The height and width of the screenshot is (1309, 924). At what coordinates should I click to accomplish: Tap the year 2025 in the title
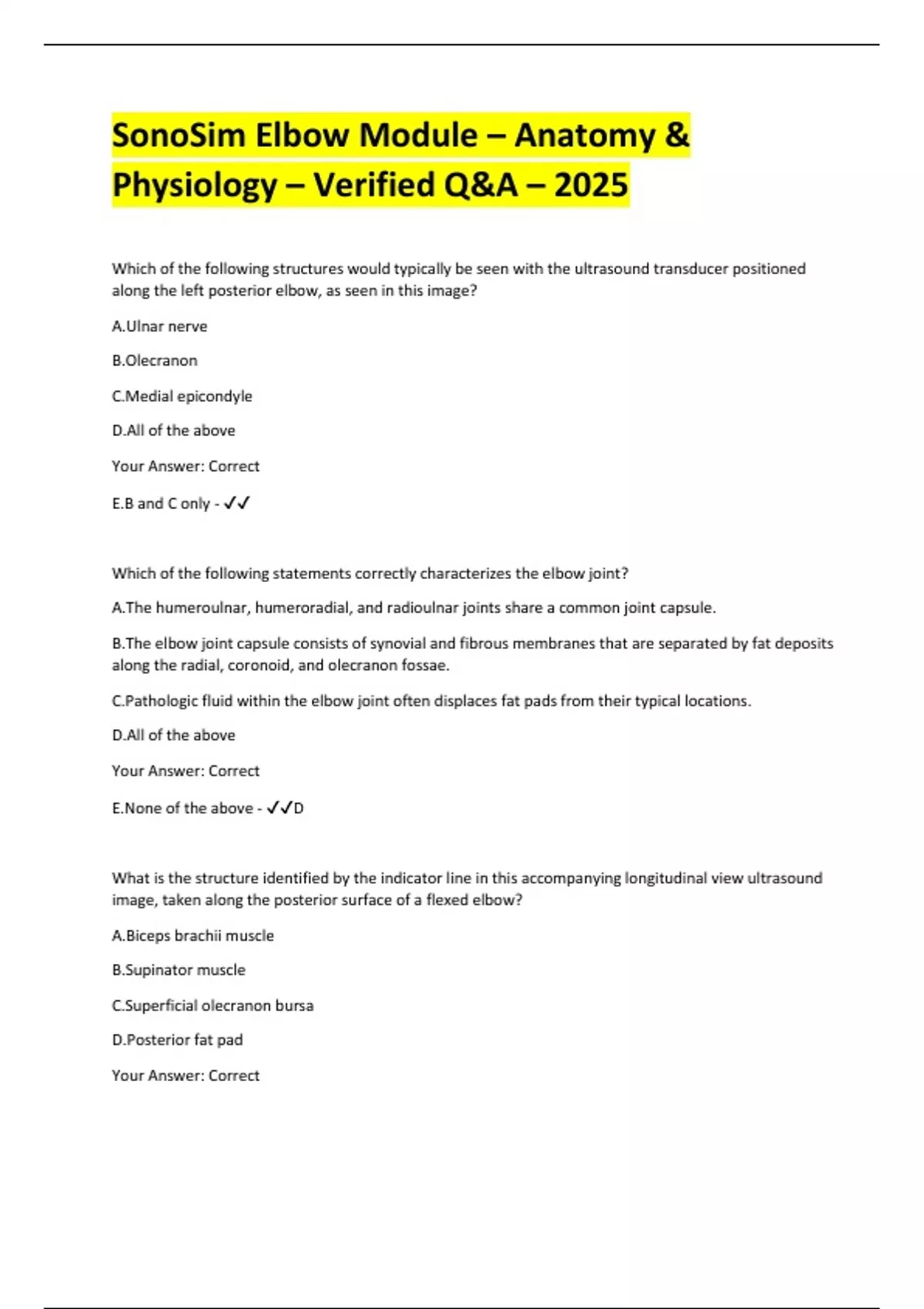tap(591, 185)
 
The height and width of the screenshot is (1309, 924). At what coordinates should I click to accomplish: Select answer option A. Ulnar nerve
tap(159, 326)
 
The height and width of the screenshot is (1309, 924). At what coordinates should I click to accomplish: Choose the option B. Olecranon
tap(155, 360)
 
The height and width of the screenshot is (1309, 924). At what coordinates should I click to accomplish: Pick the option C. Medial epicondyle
tap(182, 396)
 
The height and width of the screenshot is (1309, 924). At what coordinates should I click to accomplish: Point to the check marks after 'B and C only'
tap(237, 504)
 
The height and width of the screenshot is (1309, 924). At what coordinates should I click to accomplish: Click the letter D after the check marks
tap(299, 808)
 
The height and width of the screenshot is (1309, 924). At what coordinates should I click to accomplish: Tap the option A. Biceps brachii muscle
tap(192, 936)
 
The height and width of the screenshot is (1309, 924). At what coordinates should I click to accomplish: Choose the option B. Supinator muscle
tap(179, 970)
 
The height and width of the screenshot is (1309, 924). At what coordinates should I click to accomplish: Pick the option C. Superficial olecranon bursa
tap(213, 1006)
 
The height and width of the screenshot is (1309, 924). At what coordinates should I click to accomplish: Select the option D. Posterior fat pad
tap(177, 1040)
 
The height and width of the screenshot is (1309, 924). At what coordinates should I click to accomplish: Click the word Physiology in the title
tap(195, 185)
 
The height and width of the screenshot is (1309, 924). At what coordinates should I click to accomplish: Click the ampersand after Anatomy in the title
tap(675, 136)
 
